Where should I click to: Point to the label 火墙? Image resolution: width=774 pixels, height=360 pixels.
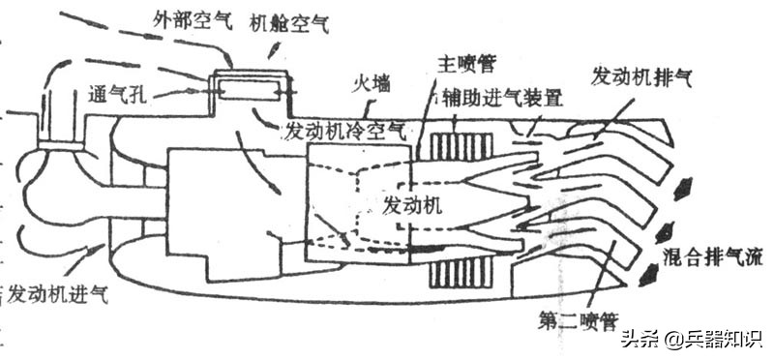pos(370,84)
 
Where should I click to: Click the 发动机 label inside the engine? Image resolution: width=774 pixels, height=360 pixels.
pos(413,205)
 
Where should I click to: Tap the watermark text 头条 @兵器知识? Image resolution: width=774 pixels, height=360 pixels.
pos(690,339)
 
